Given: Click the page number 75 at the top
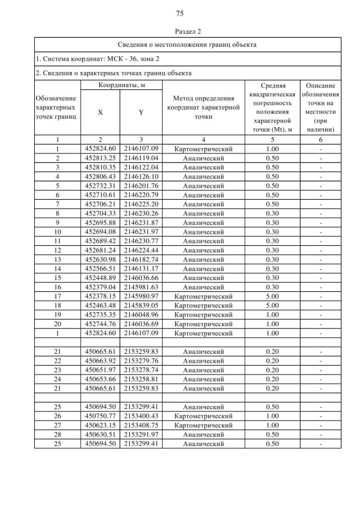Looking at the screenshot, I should pos(179,13).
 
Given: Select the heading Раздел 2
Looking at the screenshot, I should pos(179,31).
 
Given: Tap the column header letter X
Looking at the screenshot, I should pos(100,112).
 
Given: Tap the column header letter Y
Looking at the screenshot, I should pos(141,112).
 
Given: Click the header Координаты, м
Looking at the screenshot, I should pos(120,85).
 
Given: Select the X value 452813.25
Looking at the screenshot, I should pos(100,159).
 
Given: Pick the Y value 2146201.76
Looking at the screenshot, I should pos(141,186).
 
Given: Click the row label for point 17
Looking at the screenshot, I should pos(57,296).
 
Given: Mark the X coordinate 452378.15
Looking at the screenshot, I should pos(100,296).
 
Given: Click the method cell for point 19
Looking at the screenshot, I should pos(203,314).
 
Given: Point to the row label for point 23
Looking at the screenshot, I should pos(57,370).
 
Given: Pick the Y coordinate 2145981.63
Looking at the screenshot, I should pos(141,287).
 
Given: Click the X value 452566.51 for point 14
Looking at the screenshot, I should pos(100,268).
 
